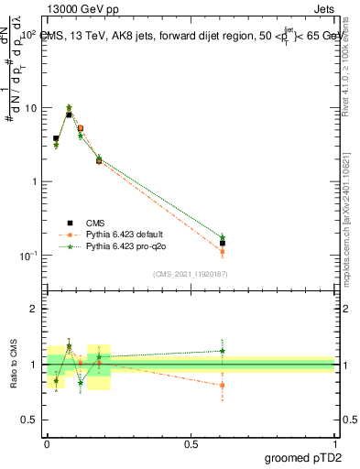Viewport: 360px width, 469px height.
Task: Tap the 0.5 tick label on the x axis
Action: (191, 442)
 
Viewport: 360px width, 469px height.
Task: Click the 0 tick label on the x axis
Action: (48, 442)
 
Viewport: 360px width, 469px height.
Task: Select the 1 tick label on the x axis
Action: (334, 442)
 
